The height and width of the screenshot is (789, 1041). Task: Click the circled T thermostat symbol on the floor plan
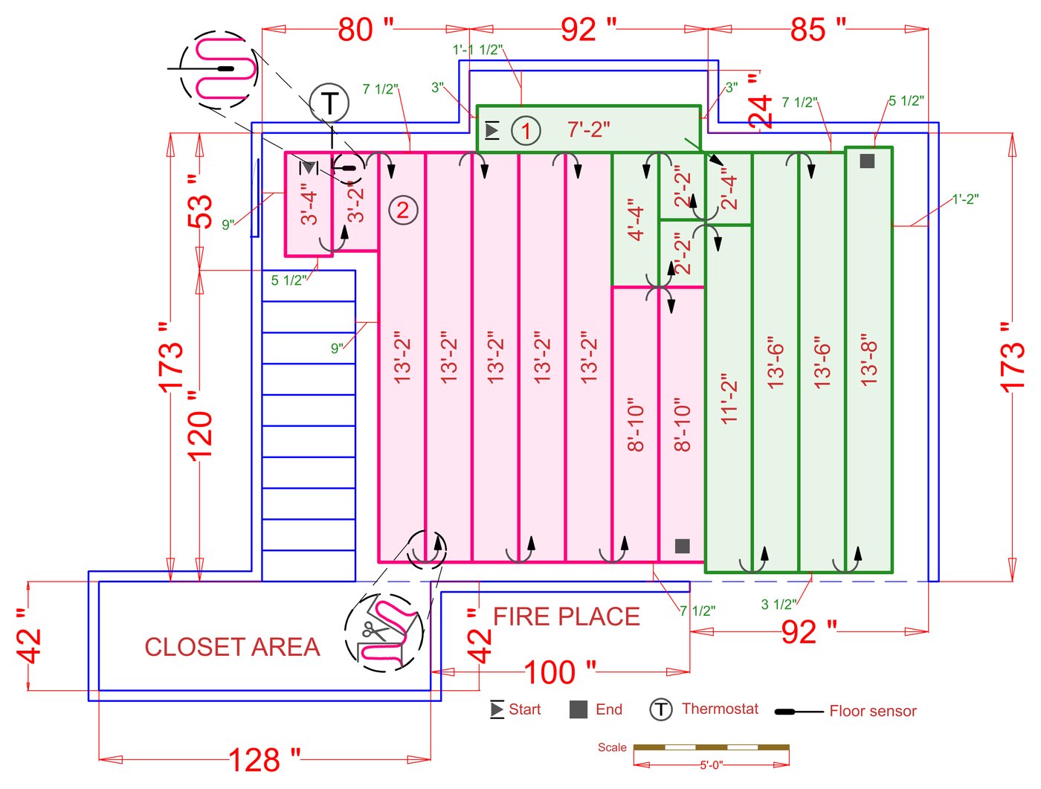(x=329, y=103)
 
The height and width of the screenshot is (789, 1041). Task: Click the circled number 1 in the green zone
(x=526, y=131)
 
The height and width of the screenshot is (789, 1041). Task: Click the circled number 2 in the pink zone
(x=403, y=210)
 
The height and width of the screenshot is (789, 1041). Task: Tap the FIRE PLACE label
(x=566, y=616)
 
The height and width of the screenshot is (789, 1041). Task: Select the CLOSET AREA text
(x=232, y=647)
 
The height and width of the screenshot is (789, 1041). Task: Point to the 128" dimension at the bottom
(x=264, y=760)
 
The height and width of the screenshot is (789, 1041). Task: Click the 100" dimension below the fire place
(x=559, y=672)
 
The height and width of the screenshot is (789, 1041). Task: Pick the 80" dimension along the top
(x=365, y=30)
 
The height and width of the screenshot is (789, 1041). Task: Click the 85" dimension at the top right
(x=818, y=30)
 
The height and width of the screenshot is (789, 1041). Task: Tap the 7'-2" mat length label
(x=588, y=129)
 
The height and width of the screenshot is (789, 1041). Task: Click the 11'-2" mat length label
(x=729, y=399)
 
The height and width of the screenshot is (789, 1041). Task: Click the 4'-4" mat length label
(x=635, y=220)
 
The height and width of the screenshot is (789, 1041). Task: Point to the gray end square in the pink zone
(x=682, y=546)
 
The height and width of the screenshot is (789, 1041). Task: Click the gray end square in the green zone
(x=867, y=161)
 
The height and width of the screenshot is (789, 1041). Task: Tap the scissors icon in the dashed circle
(x=371, y=632)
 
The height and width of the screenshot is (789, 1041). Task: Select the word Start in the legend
(x=524, y=709)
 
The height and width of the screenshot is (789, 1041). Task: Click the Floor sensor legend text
(x=872, y=711)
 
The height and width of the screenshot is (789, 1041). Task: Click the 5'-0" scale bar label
(x=711, y=764)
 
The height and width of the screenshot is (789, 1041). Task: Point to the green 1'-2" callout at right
(x=965, y=199)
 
